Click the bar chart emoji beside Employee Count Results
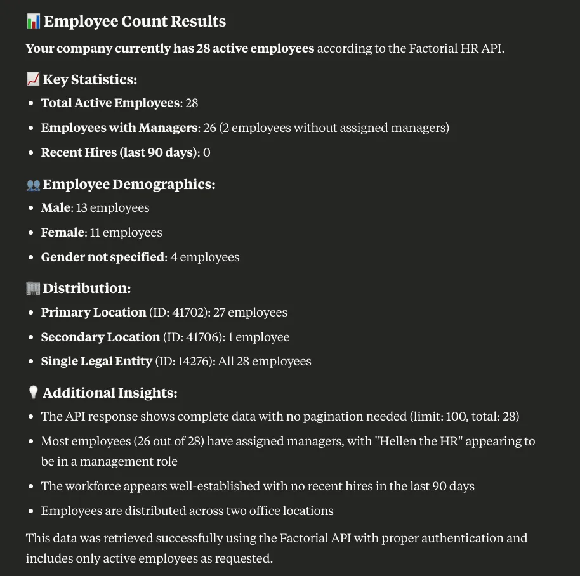coord(33,22)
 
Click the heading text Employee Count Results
coord(135,22)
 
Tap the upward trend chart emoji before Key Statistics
coord(33,79)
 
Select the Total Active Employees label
coord(110,103)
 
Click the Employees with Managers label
coord(119,128)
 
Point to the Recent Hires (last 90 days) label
coord(119,152)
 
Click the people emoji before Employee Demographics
coord(33,185)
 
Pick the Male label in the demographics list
coord(56,207)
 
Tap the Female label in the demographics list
coord(63,232)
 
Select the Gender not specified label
coord(103,257)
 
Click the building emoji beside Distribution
coord(33,289)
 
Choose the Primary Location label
coord(93,312)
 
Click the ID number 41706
coord(201,337)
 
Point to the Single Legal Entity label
coord(96,362)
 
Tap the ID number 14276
coord(194,362)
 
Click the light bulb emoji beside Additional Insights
coord(33,393)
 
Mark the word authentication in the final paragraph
coord(452,539)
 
